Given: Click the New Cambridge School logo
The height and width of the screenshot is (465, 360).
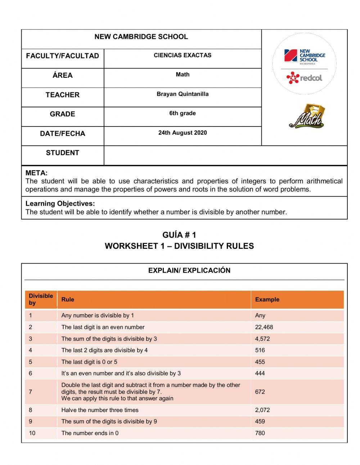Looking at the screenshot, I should click(304, 57).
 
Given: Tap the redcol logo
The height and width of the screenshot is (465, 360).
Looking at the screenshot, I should click(304, 77).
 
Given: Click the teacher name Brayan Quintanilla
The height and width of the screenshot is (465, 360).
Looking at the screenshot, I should click(183, 94).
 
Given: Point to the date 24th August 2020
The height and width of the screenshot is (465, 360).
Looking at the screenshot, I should click(183, 133).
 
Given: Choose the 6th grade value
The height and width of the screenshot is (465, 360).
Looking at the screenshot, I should click(183, 113).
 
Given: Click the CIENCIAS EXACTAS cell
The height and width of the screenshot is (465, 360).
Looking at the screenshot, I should click(183, 55).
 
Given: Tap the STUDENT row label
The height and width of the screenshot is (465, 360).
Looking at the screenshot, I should click(62, 153).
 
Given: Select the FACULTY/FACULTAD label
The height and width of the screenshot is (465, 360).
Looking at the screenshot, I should click(62, 56).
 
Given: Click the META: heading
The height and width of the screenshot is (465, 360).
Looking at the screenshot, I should click(36, 173).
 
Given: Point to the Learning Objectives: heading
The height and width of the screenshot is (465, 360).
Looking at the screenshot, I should click(60, 204).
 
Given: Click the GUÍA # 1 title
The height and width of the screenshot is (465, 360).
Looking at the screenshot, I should click(179, 235).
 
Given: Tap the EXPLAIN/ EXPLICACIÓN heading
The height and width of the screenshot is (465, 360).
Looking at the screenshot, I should click(189, 270).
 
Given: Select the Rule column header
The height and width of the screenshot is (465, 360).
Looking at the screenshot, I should click(68, 299).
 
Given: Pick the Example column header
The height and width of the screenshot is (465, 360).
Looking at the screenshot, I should click(267, 299).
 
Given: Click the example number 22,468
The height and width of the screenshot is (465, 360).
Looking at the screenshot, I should click(264, 327).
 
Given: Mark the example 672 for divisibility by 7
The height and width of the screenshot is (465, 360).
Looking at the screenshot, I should click(260, 392).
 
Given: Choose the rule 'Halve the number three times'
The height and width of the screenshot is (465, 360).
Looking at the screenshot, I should click(100, 410).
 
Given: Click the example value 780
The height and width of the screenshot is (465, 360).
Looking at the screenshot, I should click(260, 433).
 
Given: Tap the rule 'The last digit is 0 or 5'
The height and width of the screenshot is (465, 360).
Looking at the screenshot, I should click(89, 362).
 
